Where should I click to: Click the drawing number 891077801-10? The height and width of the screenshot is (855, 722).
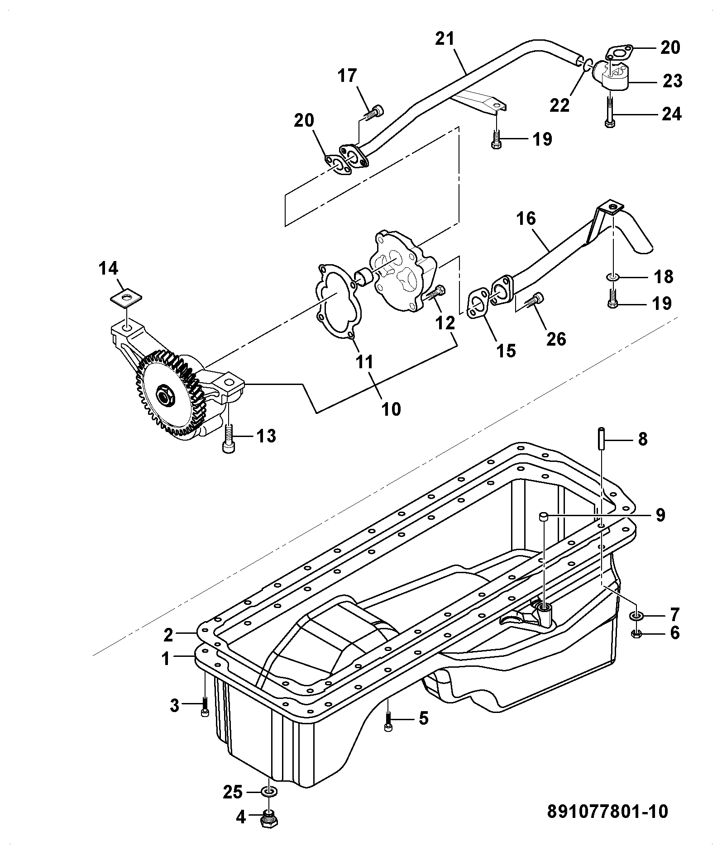pos(607,812)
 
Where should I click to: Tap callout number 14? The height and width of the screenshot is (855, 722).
pos(109,268)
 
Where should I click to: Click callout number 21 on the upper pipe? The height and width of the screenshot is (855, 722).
pos(445,39)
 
